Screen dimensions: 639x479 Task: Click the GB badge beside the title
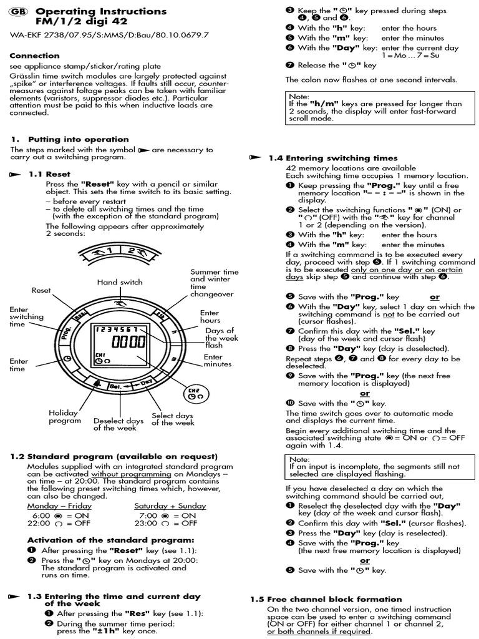point(19,12)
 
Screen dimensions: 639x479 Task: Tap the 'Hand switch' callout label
point(120,282)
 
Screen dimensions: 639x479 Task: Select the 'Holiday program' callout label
point(65,417)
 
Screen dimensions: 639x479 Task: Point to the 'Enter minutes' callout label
point(217,361)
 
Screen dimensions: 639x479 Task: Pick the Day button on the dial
point(147,381)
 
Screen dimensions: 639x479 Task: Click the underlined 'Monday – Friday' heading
point(59,506)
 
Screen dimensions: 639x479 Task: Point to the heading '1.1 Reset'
point(49,174)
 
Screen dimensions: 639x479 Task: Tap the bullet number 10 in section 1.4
point(290,404)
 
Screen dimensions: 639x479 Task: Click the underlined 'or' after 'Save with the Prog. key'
point(435,297)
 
